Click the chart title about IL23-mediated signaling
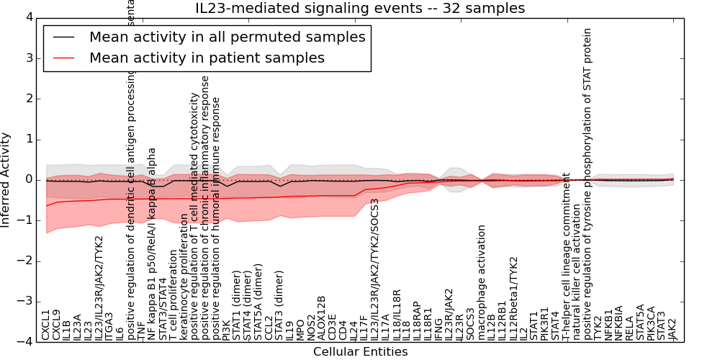click(360, 9)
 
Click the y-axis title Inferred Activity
click(6, 179)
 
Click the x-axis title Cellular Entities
click(360, 352)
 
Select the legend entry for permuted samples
click(227, 37)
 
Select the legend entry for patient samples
click(207, 58)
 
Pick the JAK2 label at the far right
click(672, 328)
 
